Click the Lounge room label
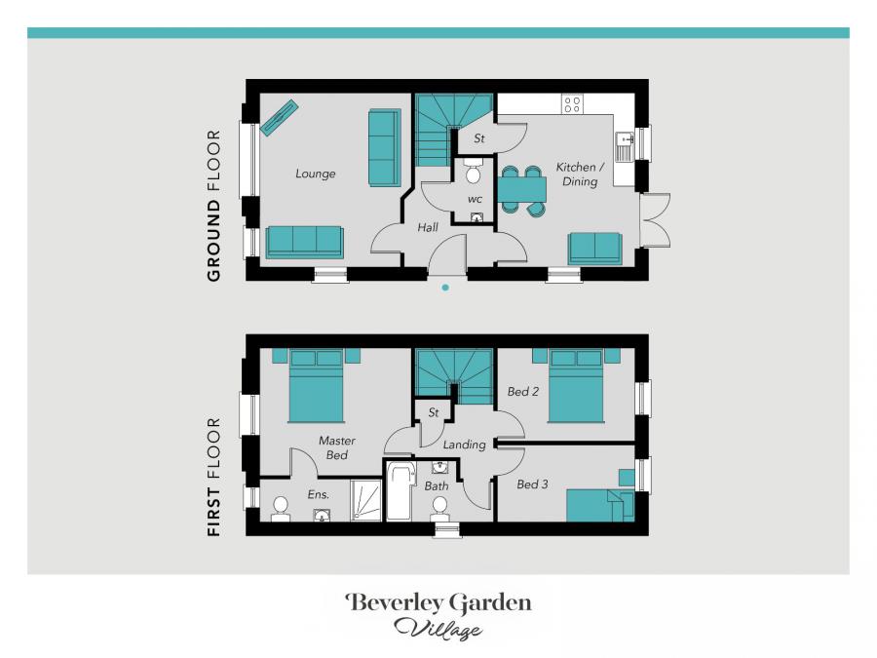(x=315, y=174)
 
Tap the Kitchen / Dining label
(x=580, y=174)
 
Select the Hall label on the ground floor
(x=428, y=227)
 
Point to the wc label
(x=475, y=199)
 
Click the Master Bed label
(x=336, y=447)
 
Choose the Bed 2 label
(x=523, y=392)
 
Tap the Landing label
(x=464, y=445)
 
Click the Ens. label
(x=319, y=494)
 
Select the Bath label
(x=437, y=485)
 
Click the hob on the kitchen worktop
(x=573, y=104)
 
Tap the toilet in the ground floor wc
(x=474, y=174)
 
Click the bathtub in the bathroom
(x=400, y=492)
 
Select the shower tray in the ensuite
(x=366, y=501)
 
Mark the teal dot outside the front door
(x=445, y=288)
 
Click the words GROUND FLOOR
(x=213, y=206)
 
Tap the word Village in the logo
(x=438, y=629)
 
